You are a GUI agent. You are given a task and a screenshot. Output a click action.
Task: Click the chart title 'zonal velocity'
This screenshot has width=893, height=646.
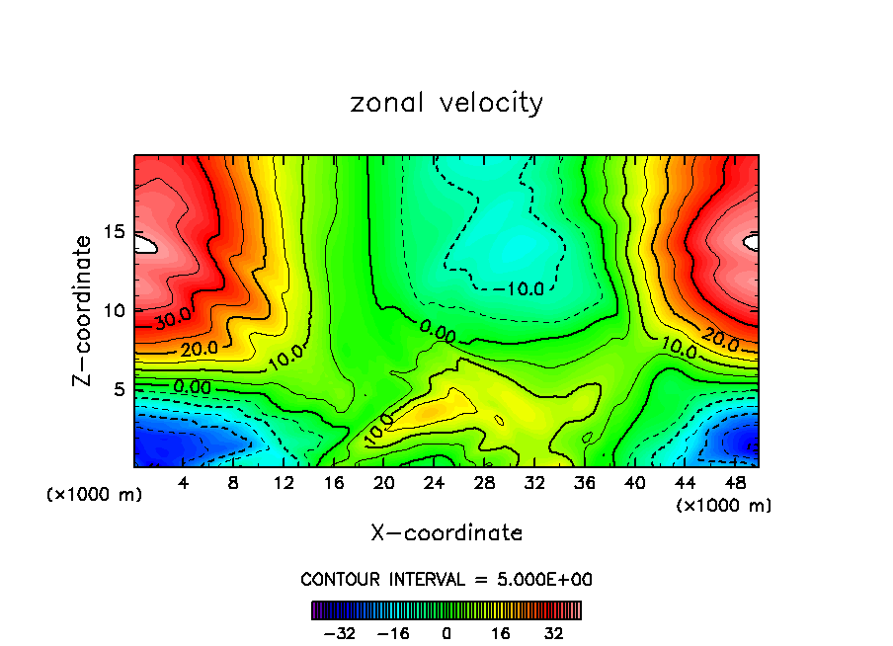click(x=446, y=103)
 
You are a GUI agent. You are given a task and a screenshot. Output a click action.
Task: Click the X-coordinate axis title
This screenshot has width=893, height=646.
click(x=446, y=533)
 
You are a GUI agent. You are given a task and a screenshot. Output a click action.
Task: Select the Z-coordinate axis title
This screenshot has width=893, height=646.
click(x=84, y=310)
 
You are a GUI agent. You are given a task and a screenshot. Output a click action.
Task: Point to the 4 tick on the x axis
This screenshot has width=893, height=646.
click(x=183, y=484)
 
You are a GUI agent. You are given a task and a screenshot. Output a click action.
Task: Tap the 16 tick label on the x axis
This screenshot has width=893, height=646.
click(x=334, y=484)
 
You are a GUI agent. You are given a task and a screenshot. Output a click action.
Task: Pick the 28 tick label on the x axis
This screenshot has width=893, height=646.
click(x=485, y=484)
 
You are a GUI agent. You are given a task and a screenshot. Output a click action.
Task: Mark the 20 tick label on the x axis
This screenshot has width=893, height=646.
click(x=384, y=484)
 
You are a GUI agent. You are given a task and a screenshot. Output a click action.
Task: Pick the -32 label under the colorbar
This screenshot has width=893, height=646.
click(x=342, y=633)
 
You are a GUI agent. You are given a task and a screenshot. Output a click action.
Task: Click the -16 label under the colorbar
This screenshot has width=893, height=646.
click(x=394, y=633)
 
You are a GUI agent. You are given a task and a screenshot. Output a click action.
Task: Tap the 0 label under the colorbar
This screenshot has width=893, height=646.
click(x=446, y=633)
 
